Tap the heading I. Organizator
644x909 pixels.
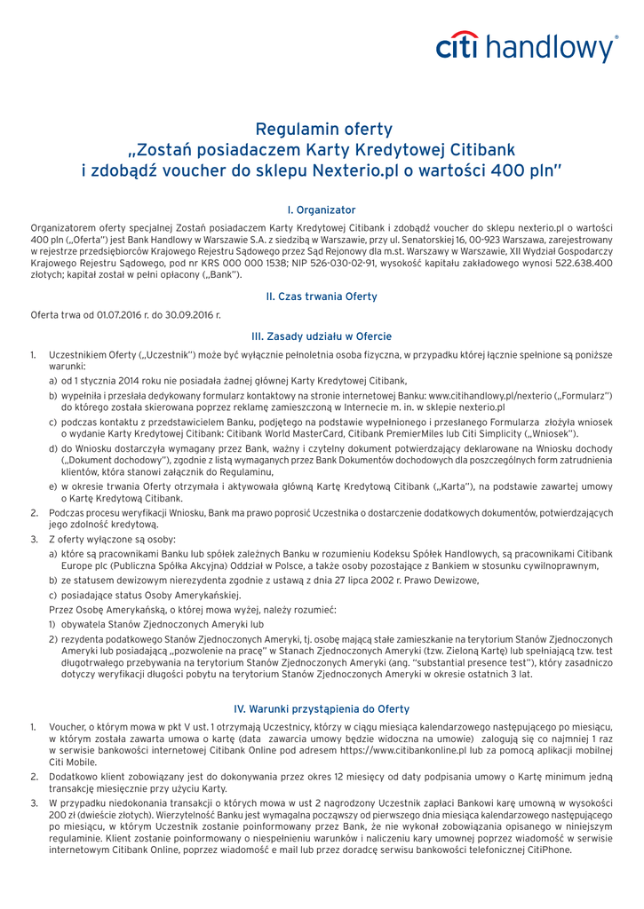[322, 209]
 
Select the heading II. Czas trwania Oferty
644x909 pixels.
[322, 296]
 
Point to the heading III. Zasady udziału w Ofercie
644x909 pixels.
[322, 336]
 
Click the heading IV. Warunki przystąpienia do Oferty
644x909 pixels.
[322, 708]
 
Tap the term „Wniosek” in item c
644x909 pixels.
[551, 433]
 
